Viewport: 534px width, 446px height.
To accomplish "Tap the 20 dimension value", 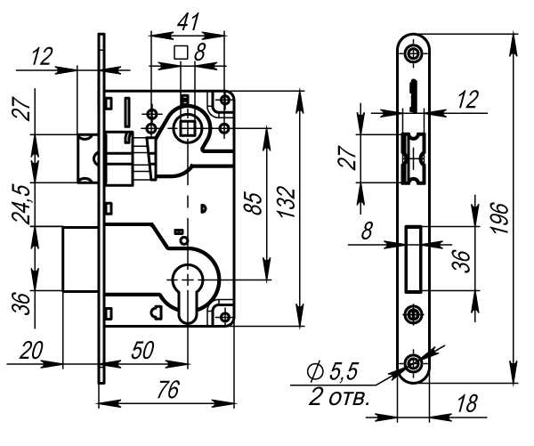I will point(31,351).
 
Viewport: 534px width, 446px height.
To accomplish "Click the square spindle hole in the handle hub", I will point(187,128).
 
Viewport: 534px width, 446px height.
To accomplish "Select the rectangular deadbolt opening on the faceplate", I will point(412,258).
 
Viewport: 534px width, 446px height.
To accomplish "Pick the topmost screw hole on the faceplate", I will point(412,54).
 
